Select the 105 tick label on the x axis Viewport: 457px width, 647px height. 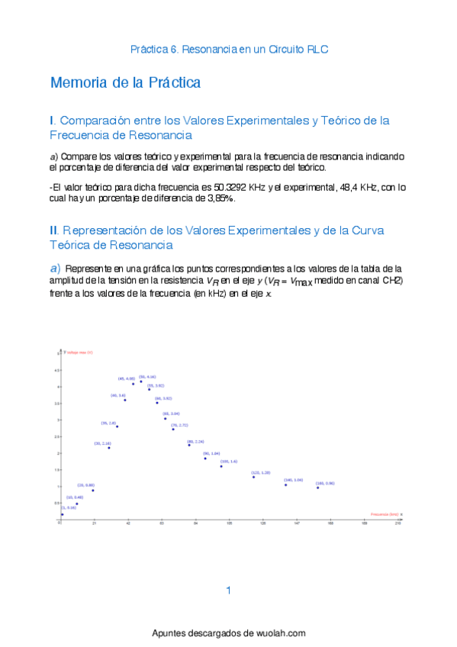(229, 524)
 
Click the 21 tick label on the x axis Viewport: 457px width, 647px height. (94, 524)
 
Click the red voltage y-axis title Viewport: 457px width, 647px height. (79, 352)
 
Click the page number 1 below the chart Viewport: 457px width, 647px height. (228, 590)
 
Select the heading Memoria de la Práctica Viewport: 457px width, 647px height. (125, 82)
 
